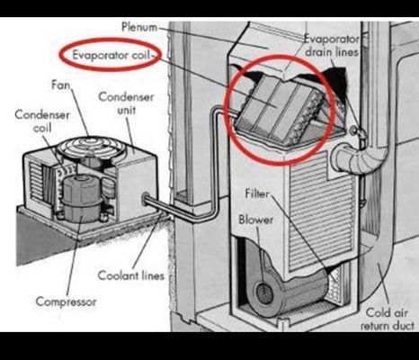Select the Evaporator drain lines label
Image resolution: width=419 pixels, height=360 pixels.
tap(333, 46)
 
